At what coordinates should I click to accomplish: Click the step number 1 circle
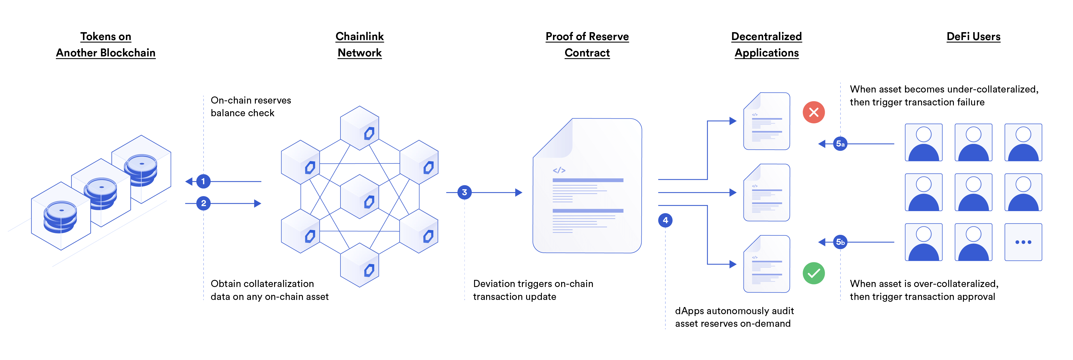click(203, 181)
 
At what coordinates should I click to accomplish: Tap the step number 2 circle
click(203, 203)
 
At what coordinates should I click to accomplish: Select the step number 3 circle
click(464, 192)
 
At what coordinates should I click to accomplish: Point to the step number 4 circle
click(665, 220)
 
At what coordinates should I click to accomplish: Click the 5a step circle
click(840, 144)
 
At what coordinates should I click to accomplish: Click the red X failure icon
click(813, 112)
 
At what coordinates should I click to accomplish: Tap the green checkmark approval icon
click(813, 273)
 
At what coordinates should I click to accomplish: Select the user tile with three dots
click(1023, 242)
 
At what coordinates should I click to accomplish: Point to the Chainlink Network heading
click(359, 45)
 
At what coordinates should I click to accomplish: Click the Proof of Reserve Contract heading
click(587, 45)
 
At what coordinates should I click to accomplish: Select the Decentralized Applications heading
click(767, 45)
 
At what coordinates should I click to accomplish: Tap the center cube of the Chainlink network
click(359, 197)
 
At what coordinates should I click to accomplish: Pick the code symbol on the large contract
click(559, 170)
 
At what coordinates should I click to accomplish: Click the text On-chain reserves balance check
click(250, 107)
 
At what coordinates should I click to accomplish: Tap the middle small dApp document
click(767, 192)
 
